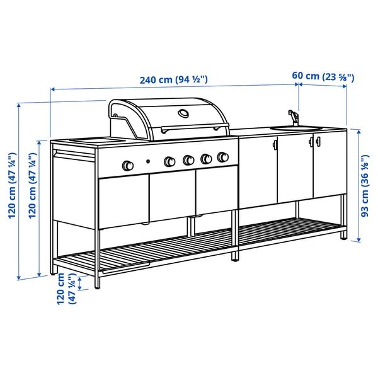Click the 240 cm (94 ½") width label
pos(173,80)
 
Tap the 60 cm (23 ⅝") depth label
pos(323,77)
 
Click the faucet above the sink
pos(292,117)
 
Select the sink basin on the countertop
pos(296,129)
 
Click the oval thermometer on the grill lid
pos(183,113)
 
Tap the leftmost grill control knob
pos(127,165)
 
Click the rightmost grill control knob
pos(222,157)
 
